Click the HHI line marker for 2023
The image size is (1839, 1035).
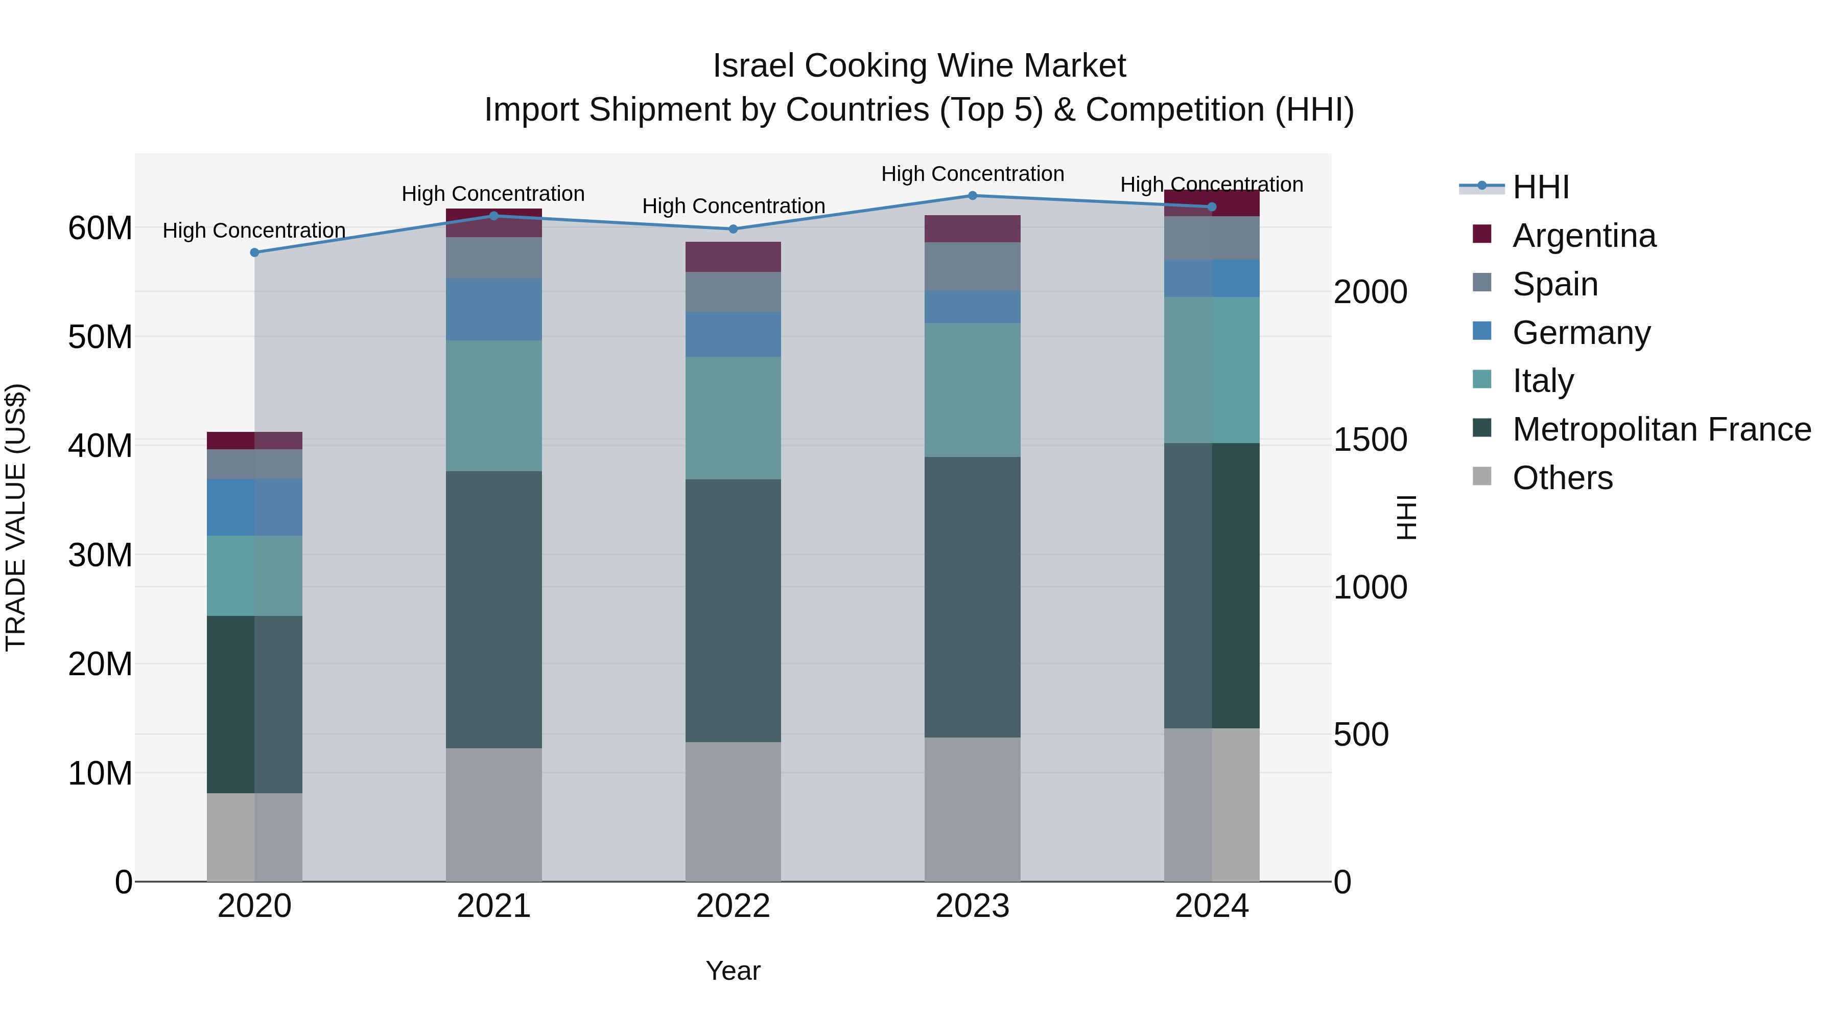click(x=972, y=196)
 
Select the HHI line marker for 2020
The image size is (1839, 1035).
click(x=255, y=252)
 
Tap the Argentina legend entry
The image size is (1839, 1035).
click(x=1584, y=236)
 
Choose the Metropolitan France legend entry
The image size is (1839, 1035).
click(x=1661, y=430)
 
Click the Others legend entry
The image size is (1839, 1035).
click(x=1562, y=478)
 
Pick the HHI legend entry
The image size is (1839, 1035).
click(x=1541, y=187)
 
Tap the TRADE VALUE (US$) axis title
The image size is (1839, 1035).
click(x=16, y=517)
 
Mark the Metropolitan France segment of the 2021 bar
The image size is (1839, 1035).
click(x=494, y=609)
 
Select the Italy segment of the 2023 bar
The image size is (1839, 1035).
click(x=972, y=390)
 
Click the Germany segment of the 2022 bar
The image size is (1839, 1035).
click(x=733, y=334)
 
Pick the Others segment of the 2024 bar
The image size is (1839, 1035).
click(x=1212, y=805)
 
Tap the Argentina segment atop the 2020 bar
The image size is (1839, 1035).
click(x=255, y=441)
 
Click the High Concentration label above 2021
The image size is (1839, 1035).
click(x=493, y=194)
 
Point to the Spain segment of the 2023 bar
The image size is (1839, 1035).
click(x=972, y=266)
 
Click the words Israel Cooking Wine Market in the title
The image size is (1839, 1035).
click(x=919, y=66)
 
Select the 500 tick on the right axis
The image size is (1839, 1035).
click(x=1361, y=735)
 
